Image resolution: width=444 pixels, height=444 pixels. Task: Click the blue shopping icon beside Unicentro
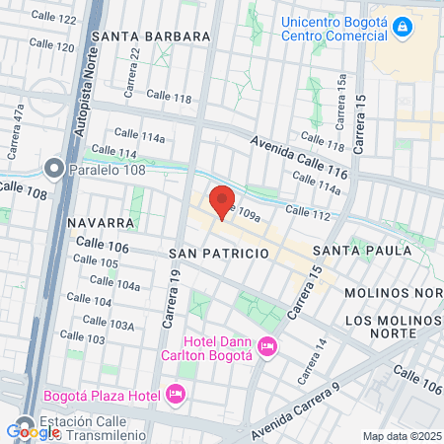coord(401,27)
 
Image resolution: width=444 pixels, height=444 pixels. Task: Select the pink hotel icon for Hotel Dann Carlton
coord(266,346)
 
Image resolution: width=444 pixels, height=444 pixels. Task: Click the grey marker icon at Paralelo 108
coord(53,169)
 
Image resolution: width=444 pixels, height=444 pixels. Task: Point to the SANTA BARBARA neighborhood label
coord(151,37)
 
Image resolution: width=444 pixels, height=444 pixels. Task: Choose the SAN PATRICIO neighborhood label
coord(219,254)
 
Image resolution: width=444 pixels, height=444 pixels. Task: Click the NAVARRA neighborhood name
coord(101,223)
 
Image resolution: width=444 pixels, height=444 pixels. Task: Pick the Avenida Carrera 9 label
coord(295,409)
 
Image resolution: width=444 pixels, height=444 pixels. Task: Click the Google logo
coord(33,431)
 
